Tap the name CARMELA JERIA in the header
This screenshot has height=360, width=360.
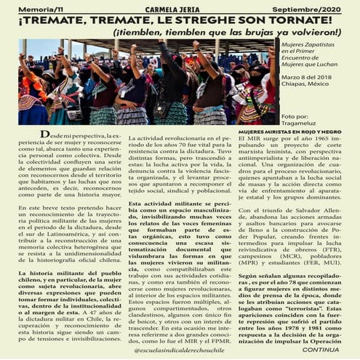pos(179,7)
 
